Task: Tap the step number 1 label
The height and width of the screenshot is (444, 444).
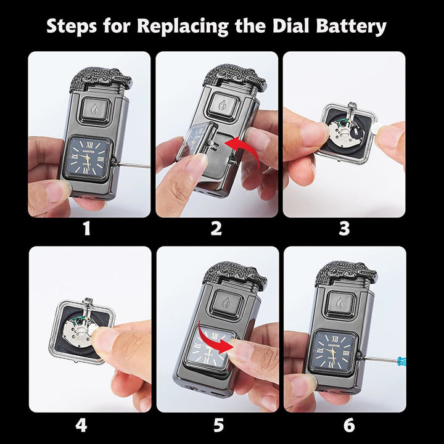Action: tap(86, 229)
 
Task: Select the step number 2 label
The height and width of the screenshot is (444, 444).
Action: tap(216, 229)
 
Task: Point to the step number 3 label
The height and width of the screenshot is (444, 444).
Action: tap(344, 229)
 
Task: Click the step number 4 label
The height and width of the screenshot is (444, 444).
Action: tap(81, 425)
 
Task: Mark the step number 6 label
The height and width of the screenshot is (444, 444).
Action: tap(349, 425)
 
